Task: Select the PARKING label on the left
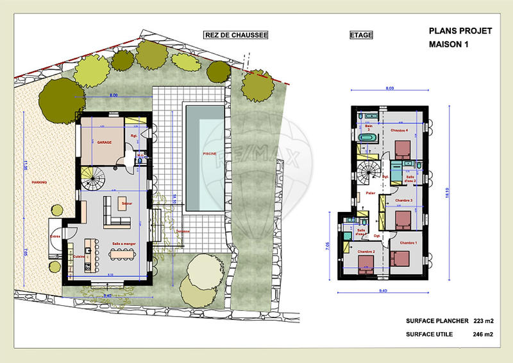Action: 39,182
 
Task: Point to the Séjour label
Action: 126,203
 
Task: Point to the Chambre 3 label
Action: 403,200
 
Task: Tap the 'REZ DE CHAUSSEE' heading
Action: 235,35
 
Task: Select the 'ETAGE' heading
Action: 360,35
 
